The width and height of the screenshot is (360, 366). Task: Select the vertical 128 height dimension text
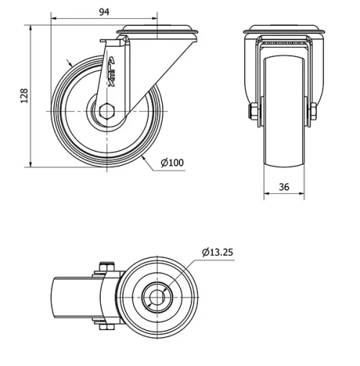point(23,95)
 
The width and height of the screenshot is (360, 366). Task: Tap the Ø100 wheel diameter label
point(172,162)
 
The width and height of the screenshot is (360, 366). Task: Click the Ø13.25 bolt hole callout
point(218,252)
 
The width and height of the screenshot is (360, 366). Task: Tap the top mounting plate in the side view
point(158,31)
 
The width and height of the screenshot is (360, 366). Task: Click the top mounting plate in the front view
point(283,31)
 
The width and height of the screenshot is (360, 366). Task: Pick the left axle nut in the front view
point(253,112)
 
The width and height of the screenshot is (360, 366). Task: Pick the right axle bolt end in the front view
point(314,112)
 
